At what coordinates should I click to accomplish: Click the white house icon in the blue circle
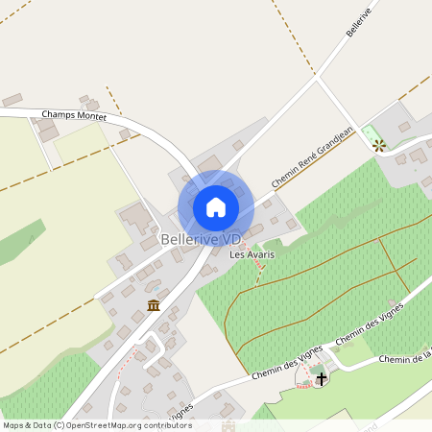(216, 206)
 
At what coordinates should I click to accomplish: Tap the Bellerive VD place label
(201, 238)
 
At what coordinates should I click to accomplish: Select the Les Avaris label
(252, 254)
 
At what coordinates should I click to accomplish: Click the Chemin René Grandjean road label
(312, 156)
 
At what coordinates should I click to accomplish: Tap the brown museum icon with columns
(154, 305)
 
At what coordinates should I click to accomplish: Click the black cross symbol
(321, 377)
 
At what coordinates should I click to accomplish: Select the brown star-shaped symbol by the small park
(379, 146)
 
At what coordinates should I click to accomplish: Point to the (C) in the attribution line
(60, 424)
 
